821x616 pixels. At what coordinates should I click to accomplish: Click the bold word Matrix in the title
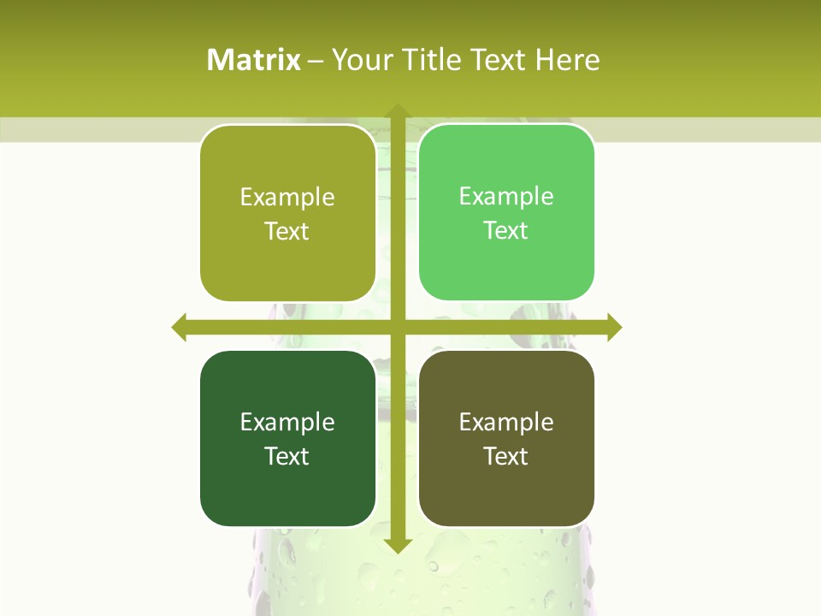pos(254,60)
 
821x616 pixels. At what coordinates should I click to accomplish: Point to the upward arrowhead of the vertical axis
pos(398,111)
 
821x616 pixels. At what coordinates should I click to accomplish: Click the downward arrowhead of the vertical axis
pos(398,545)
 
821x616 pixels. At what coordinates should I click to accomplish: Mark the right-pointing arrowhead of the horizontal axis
pos(614,327)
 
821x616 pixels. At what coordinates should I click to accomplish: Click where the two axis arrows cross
pos(398,327)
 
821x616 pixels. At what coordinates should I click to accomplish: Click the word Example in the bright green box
pos(506,197)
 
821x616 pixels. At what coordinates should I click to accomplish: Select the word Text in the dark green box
pos(286,456)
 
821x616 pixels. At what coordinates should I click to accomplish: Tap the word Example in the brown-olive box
pos(506,422)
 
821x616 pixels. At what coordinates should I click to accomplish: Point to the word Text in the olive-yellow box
pos(286,231)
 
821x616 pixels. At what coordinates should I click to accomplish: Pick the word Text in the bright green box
pos(505,230)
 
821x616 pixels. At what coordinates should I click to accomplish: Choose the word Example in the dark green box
pos(287,422)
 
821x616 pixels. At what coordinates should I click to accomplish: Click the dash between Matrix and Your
pos(316,61)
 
